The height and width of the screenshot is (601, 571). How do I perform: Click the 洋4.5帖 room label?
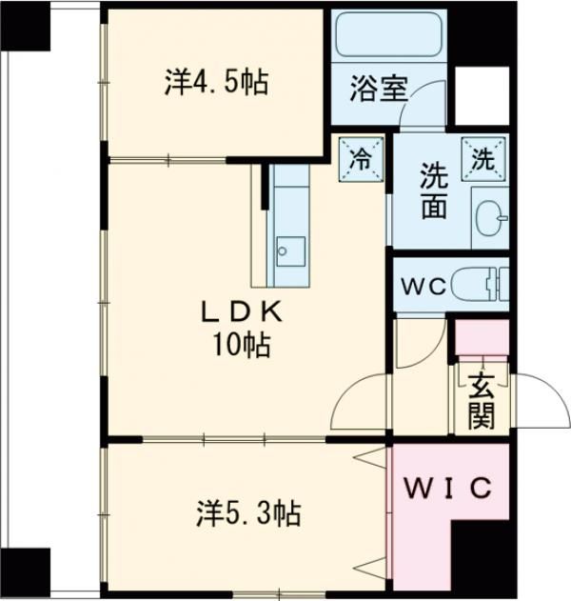(215, 84)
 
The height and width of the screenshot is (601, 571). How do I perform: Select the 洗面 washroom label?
(434, 191)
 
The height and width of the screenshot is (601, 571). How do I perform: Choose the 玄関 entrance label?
(481, 399)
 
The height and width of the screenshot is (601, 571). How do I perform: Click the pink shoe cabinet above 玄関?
(481, 339)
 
